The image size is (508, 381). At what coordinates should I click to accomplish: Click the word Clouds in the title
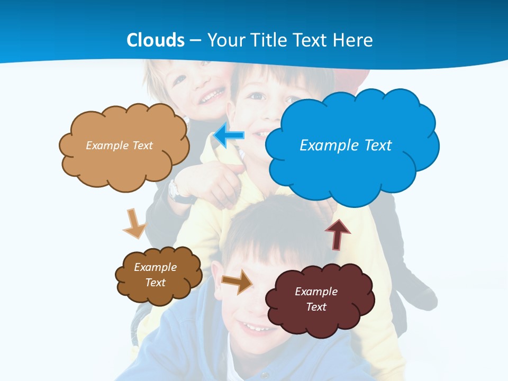(x=156, y=40)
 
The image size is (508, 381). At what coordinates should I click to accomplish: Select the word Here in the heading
(x=354, y=40)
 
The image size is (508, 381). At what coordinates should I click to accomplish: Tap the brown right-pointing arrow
(x=238, y=282)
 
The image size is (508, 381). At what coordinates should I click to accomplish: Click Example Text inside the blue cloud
(x=346, y=145)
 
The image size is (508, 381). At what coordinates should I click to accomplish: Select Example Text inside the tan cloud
(x=119, y=145)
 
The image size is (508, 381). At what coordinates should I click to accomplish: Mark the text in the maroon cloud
(x=316, y=299)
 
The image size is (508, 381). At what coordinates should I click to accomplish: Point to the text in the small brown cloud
(x=156, y=275)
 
